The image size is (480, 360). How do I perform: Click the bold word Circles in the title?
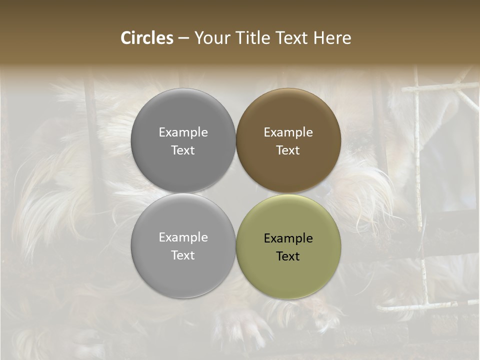click(x=146, y=38)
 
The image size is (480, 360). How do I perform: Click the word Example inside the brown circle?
click(x=288, y=132)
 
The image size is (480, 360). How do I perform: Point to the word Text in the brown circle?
click(x=288, y=150)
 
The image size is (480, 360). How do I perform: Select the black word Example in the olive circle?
click(x=288, y=238)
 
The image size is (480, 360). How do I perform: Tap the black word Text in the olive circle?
click(x=288, y=256)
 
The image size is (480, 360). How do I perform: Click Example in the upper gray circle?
click(x=183, y=132)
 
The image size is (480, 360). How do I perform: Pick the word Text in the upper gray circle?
click(x=183, y=150)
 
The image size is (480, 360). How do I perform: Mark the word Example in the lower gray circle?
click(x=183, y=237)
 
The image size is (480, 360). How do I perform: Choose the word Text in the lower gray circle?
click(x=183, y=255)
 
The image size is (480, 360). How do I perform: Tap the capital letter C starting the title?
click(x=126, y=38)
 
